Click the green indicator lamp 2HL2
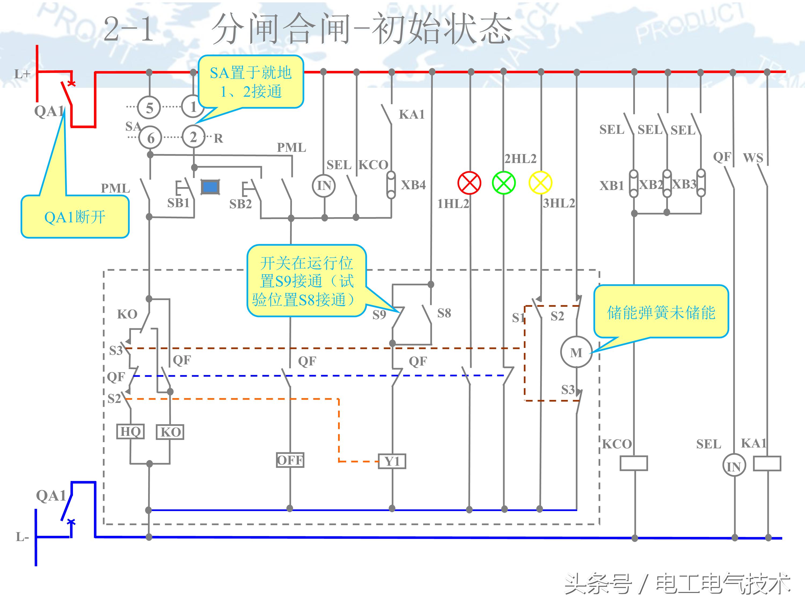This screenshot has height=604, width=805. tap(504, 183)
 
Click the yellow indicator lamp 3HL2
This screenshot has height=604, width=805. tap(540, 183)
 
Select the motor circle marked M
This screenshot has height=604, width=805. tap(576, 352)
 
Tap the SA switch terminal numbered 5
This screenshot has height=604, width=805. tap(149, 108)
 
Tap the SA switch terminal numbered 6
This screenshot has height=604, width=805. tap(150, 138)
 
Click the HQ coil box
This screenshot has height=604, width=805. tap(130, 431)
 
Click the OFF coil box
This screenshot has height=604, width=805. tap(290, 460)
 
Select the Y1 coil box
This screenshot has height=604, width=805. tap(392, 461)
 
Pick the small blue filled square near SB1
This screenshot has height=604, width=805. tap(210, 187)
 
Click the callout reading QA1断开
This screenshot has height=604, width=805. tap(75, 217)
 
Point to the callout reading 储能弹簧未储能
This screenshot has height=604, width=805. tap(661, 312)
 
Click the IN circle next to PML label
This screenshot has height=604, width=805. tap(324, 186)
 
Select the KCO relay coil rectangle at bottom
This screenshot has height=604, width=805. tap(634, 463)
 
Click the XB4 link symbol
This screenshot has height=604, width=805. tap(391, 185)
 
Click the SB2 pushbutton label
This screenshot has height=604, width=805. tap(240, 204)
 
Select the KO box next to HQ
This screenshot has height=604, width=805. tap(170, 432)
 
